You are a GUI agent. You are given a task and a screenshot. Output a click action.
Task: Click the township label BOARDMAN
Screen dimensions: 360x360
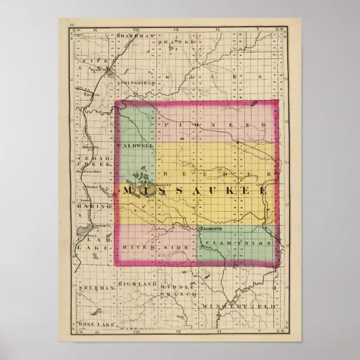pyautogui.click(x=136, y=35)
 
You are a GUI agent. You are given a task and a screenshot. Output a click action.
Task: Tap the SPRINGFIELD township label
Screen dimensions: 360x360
pyautogui.click(x=136, y=83)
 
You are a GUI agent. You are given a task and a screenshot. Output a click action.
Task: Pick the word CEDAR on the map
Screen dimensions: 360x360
pyautogui.click(x=89, y=159)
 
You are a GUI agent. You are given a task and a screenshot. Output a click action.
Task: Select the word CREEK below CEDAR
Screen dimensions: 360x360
pyautogui.click(x=91, y=166)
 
